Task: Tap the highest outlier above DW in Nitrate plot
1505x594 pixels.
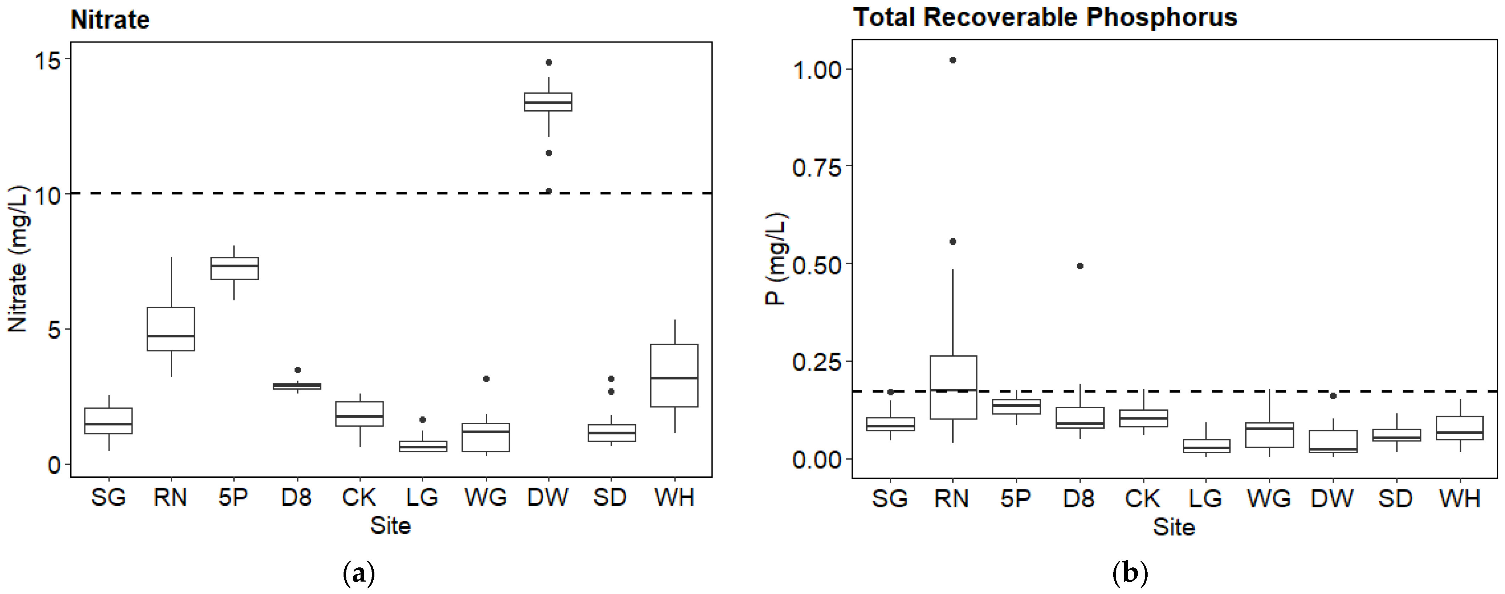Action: coord(548,62)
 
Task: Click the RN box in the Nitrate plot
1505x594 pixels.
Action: coord(171,329)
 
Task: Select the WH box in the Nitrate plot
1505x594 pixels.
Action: coord(674,375)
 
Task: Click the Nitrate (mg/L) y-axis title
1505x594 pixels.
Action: coord(17,259)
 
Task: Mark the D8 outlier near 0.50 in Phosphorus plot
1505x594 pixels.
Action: coord(1080,266)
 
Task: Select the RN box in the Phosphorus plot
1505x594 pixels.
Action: coord(953,387)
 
